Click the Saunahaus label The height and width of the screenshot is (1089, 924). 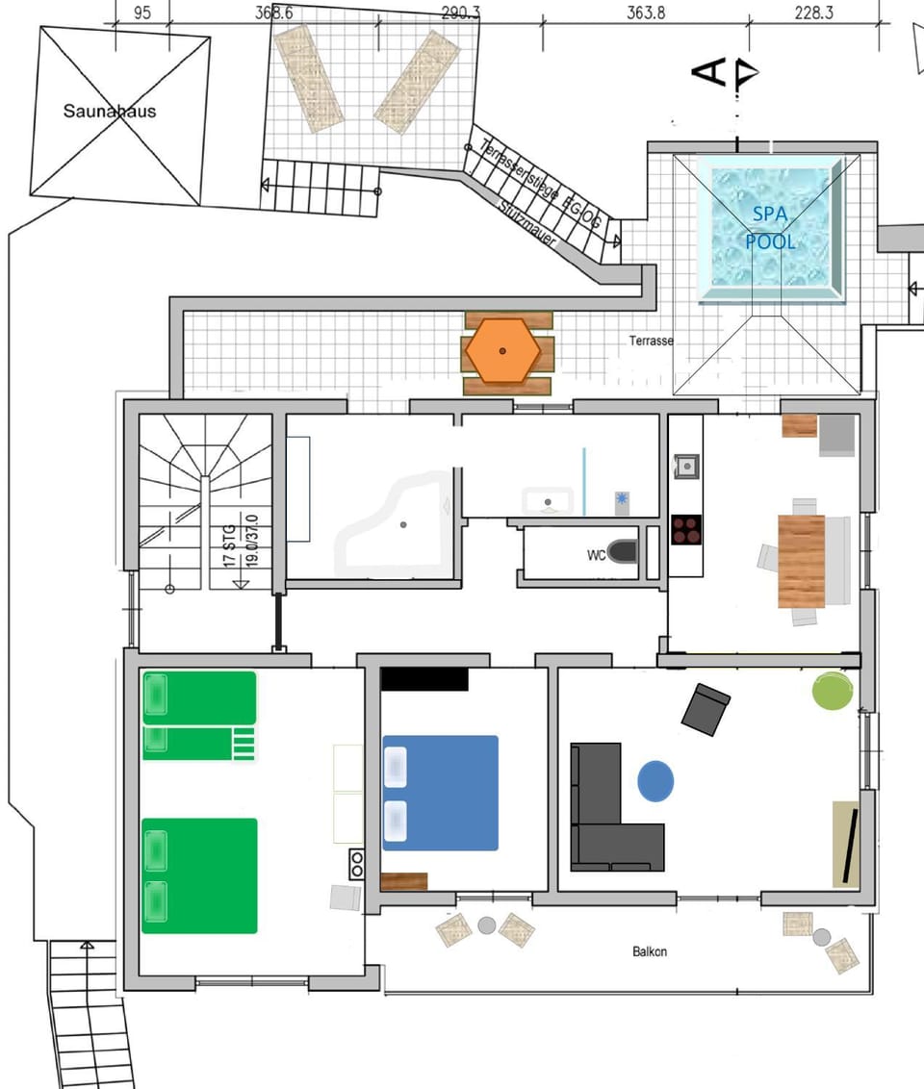pyautogui.click(x=109, y=111)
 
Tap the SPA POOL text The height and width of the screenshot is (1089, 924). pyautogui.click(x=770, y=227)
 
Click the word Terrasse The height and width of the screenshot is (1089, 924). pyautogui.click(x=652, y=341)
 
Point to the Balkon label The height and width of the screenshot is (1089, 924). pyautogui.click(x=650, y=951)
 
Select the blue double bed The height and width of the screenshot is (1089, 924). pyautogui.click(x=441, y=793)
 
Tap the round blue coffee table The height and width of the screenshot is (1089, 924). pyautogui.click(x=655, y=781)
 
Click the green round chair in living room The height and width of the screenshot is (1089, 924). pyautogui.click(x=833, y=691)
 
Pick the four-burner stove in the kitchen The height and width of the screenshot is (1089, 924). pyautogui.click(x=685, y=530)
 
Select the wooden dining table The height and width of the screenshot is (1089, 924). pyautogui.click(x=801, y=561)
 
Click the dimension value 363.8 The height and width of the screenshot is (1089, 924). pyautogui.click(x=646, y=13)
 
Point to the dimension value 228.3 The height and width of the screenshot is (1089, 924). pyautogui.click(x=814, y=13)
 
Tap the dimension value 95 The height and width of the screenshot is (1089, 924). pyautogui.click(x=141, y=13)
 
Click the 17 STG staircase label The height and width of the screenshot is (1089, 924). pyautogui.click(x=229, y=544)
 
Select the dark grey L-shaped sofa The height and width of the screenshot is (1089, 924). pyautogui.click(x=606, y=818)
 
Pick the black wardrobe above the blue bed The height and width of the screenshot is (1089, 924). pyautogui.click(x=424, y=679)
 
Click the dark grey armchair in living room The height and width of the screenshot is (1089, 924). pyautogui.click(x=706, y=709)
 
